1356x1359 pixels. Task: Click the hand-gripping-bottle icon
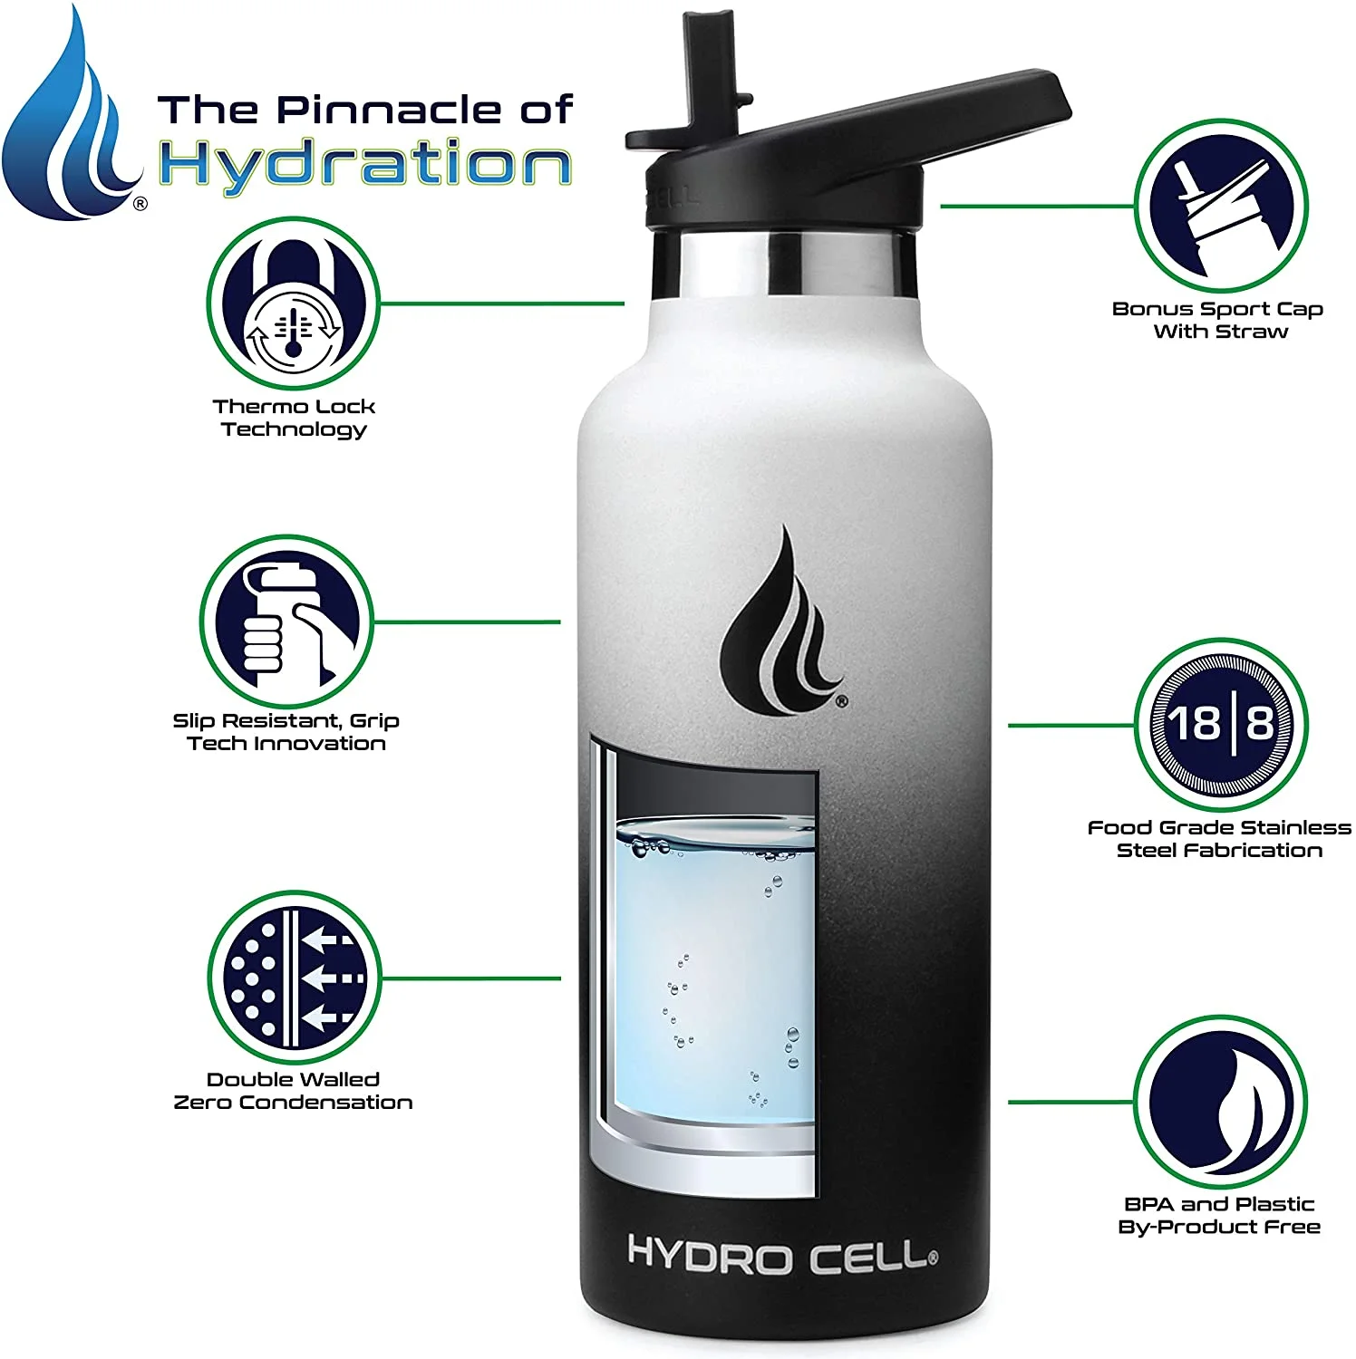pos(286,622)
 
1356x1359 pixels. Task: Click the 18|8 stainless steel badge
pos(1221,724)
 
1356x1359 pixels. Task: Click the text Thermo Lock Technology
pos(294,418)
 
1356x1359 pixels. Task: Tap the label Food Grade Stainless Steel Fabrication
pos(1219,839)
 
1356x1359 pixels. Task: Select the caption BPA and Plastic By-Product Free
pos(1219,1216)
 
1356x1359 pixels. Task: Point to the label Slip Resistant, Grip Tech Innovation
pos(286,732)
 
